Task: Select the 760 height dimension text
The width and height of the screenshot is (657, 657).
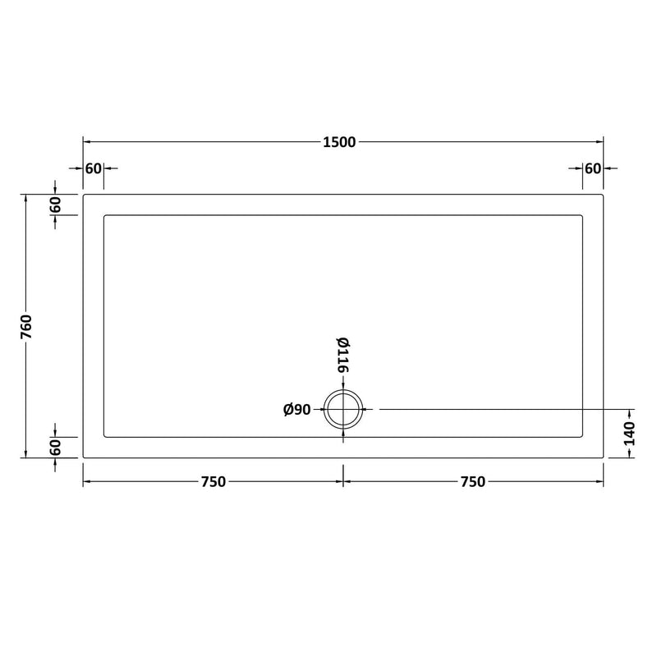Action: pyautogui.click(x=26, y=326)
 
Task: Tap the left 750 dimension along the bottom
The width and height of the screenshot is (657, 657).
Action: pyautogui.click(x=213, y=482)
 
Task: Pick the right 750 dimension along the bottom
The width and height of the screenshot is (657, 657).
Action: pyautogui.click(x=473, y=482)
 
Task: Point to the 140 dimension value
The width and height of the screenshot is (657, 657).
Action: pyautogui.click(x=630, y=433)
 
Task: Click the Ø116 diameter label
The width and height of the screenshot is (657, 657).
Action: pyautogui.click(x=342, y=356)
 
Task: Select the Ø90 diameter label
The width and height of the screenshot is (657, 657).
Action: pyautogui.click(x=296, y=410)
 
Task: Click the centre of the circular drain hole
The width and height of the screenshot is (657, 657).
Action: pyautogui.click(x=343, y=409)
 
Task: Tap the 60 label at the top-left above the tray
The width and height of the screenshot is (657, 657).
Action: pyautogui.click(x=93, y=168)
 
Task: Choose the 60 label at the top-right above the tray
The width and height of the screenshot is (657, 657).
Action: pyautogui.click(x=592, y=168)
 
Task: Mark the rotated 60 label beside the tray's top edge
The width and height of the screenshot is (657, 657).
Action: pyautogui.click(x=56, y=205)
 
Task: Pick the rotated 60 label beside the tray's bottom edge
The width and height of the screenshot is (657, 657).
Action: pyautogui.click(x=56, y=448)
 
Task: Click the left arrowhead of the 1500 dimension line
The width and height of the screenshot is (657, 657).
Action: pyautogui.click(x=86, y=142)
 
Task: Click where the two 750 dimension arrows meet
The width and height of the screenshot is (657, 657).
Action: pyautogui.click(x=343, y=482)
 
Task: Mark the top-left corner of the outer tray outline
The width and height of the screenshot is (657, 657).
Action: pyautogui.click(x=84, y=195)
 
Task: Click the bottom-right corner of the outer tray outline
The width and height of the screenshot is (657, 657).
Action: pyautogui.click(x=604, y=457)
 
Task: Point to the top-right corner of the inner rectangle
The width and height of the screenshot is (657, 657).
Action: pyautogui.click(x=582, y=216)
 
